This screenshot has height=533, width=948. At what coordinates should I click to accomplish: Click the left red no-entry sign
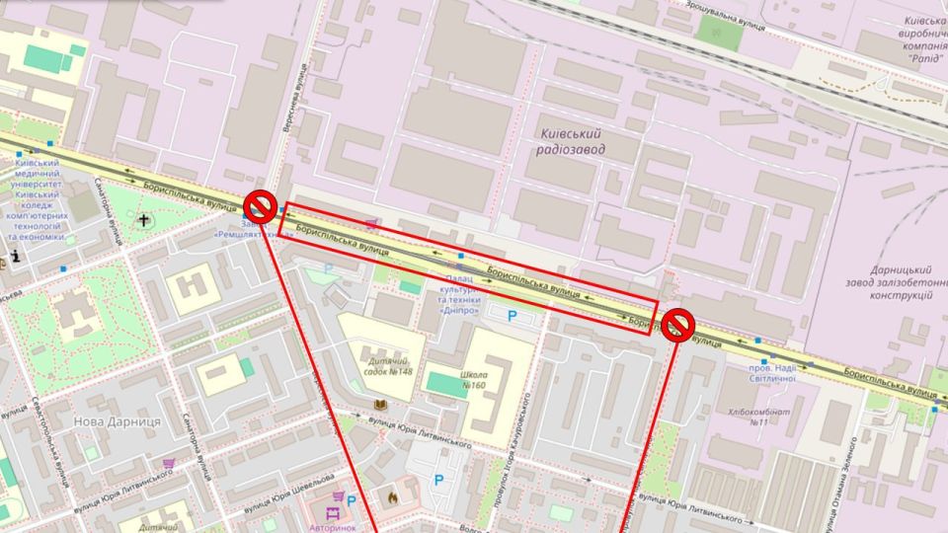coord(260,205)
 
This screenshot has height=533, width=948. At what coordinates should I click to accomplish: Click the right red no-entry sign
coord(678,325)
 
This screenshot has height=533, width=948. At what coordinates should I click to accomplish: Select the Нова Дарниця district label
coord(117,421)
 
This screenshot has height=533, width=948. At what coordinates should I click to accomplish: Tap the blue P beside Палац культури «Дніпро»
coord(512,316)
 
